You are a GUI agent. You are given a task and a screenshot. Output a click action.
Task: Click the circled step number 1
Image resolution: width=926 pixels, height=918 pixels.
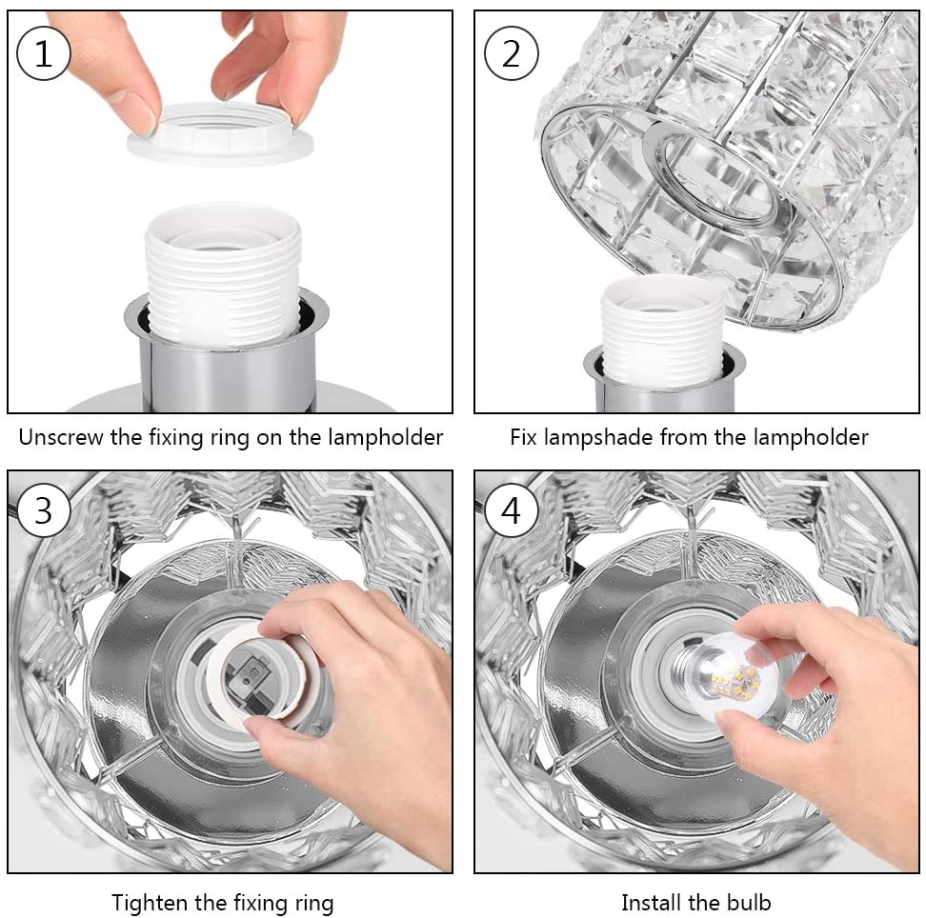click(x=44, y=53)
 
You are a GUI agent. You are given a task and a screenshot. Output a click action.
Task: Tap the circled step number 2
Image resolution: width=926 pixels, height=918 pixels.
click(x=511, y=53)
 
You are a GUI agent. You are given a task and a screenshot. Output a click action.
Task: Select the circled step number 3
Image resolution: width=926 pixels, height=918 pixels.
click(x=44, y=510)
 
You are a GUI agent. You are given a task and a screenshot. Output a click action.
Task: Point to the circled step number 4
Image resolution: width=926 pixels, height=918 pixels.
click(x=511, y=510)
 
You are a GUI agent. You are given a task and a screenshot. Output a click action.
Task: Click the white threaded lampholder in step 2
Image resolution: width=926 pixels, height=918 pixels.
click(x=661, y=328)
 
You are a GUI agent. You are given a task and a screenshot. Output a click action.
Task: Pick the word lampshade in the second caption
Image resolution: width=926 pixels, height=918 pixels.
click(x=597, y=437)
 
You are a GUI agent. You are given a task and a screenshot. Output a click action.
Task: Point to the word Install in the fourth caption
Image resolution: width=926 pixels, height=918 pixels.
click(x=652, y=903)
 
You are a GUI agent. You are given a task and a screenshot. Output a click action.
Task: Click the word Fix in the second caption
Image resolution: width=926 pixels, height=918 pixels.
click(x=523, y=437)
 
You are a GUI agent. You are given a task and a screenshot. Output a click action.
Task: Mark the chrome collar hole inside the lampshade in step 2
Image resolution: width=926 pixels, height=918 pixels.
click(x=720, y=173)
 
